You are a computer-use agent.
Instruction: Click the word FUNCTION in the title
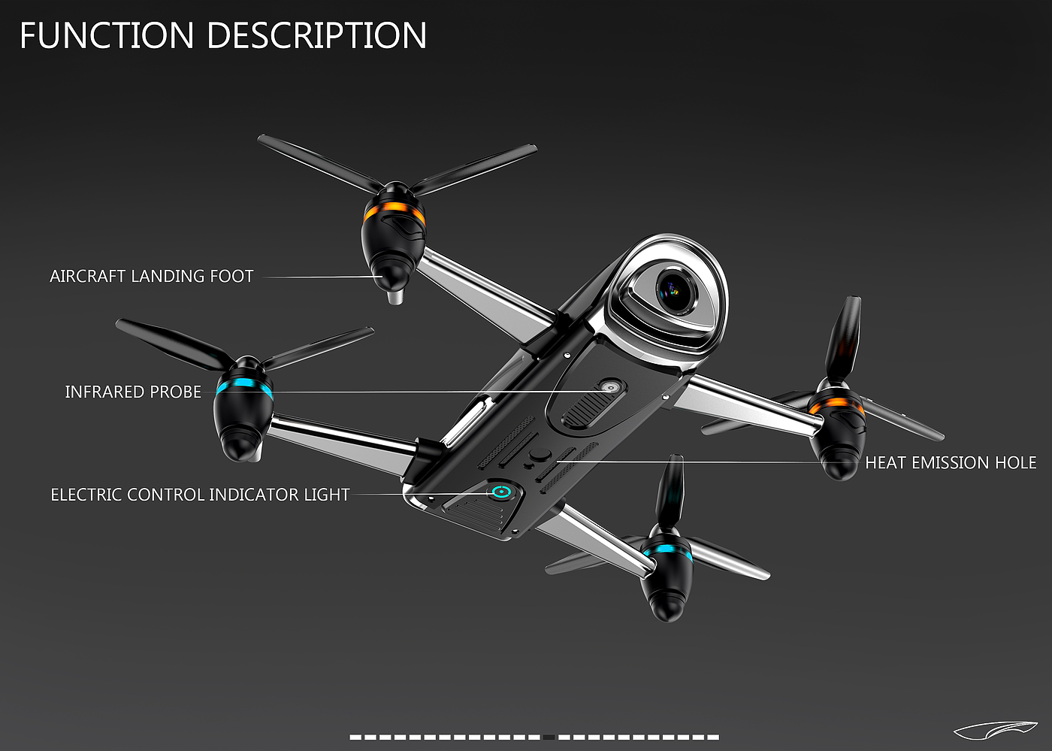click(107, 35)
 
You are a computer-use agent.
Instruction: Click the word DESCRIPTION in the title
click(316, 35)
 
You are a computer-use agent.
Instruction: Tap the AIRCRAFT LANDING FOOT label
click(152, 277)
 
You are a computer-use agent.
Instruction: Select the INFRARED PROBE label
click(133, 392)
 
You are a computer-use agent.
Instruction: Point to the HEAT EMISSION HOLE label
click(951, 463)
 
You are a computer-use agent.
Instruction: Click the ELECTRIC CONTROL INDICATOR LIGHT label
click(200, 495)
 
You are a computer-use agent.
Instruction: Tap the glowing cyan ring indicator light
click(501, 492)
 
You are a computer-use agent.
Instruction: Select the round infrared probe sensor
click(612, 388)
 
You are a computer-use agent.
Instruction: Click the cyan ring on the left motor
click(243, 387)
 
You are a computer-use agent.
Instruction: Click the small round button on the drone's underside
click(540, 456)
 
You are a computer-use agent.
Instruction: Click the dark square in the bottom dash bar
click(549, 737)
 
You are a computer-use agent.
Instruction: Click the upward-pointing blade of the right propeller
click(844, 338)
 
